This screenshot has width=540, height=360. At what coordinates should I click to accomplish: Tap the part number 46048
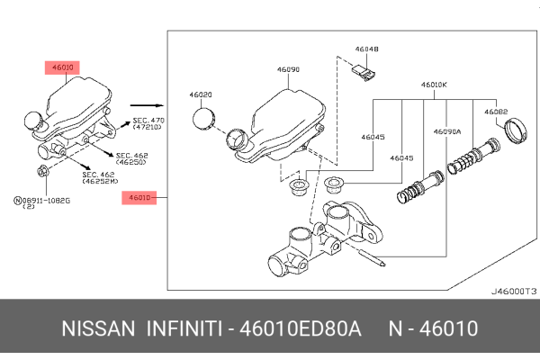coord(366,50)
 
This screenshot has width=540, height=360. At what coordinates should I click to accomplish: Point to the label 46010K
coord(434,85)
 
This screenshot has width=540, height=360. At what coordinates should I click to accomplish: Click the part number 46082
coord(497,112)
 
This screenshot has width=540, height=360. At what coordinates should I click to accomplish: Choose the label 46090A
coord(447,131)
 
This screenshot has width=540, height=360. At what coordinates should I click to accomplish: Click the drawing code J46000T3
coord(513,292)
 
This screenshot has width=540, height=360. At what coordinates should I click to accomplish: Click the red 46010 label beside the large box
coord(139,196)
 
